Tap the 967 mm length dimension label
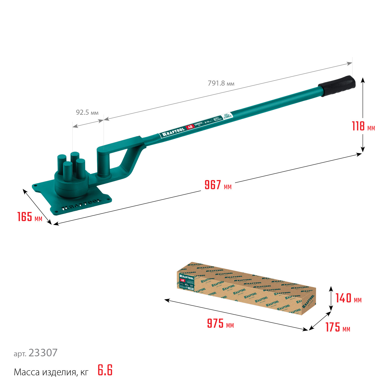(x=218, y=185)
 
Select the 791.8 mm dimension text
(x=221, y=83)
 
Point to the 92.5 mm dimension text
(x=87, y=112)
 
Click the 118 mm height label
(x=363, y=126)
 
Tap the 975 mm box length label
(x=220, y=324)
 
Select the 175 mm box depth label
(x=338, y=327)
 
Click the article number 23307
(x=43, y=353)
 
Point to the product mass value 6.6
(x=105, y=370)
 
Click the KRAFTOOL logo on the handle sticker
(x=173, y=132)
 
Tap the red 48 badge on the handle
(x=190, y=127)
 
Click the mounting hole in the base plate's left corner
(x=35, y=186)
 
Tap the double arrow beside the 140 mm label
(x=331, y=299)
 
